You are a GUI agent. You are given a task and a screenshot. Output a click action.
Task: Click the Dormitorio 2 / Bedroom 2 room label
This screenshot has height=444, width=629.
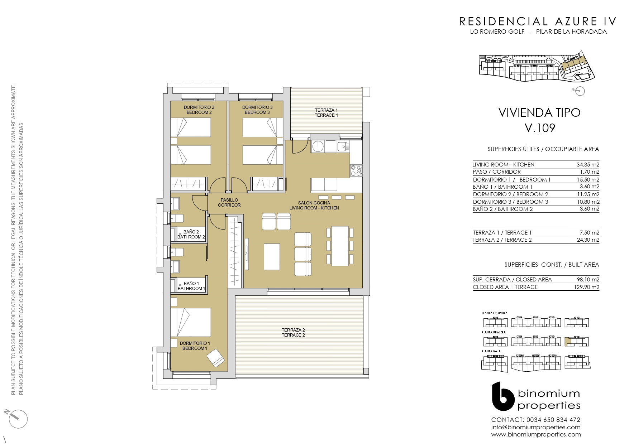[x=199, y=110]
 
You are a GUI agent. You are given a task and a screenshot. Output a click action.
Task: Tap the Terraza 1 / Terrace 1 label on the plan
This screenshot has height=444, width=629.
[x=326, y=113]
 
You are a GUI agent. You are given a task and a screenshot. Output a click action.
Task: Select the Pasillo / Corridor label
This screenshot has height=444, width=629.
[x=229, y=203]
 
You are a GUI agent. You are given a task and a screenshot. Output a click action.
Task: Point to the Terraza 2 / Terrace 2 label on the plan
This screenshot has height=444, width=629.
[x=293, y=333]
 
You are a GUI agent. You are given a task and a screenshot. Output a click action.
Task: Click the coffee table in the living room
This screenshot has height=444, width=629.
[x=272, y=256]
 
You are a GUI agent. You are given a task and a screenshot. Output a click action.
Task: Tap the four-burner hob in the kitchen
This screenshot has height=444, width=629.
[x=356, y=170]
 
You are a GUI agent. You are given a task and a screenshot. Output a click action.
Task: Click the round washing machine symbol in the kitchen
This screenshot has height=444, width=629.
[x=318, y=146]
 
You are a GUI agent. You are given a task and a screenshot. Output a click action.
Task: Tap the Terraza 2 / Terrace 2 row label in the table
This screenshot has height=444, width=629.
[x=502, y=240]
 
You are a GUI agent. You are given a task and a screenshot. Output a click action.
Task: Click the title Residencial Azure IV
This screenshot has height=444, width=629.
[x=538, y=21]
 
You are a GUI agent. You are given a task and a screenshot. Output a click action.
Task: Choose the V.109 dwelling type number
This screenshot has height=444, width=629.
[x=540, y=128]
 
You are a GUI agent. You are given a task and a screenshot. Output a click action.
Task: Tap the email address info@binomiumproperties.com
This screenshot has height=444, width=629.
[x=536, y=427]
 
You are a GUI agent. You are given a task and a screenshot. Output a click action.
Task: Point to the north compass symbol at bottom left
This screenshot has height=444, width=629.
[x=16, y=418]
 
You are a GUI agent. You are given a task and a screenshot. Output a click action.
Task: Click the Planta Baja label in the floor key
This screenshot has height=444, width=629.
[x=491, y=351]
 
